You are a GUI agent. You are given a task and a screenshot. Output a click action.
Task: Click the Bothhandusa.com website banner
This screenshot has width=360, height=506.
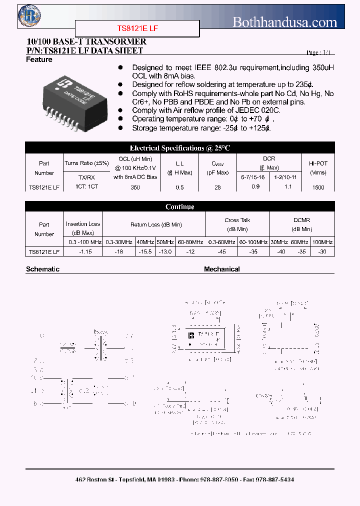click(285, 22)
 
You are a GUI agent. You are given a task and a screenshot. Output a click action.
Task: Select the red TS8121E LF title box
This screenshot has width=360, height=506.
click(137, 29)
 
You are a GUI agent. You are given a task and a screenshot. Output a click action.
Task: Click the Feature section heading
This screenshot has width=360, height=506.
click(39, 59)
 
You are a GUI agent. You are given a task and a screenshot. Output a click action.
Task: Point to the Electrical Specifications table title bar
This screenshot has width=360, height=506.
click(180, 148)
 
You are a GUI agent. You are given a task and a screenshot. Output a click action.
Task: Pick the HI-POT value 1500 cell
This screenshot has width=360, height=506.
click(318, 187)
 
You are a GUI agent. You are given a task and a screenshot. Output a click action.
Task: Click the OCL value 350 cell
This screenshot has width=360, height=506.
click(135, 187)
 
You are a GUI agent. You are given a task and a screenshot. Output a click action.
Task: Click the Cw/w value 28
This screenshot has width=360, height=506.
click(217, 187)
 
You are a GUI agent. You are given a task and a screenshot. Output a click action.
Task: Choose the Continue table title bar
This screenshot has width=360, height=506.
click(180, 206)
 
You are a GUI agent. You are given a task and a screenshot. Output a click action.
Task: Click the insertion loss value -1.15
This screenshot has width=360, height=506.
click(83, 252)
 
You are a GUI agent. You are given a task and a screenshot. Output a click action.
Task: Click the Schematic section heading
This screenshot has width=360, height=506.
click(42, 269)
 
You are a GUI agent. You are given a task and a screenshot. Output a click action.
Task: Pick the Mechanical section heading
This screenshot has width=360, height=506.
click(221, 269)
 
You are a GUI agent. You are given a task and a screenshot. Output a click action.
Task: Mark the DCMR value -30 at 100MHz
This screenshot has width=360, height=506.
click(322, 252)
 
